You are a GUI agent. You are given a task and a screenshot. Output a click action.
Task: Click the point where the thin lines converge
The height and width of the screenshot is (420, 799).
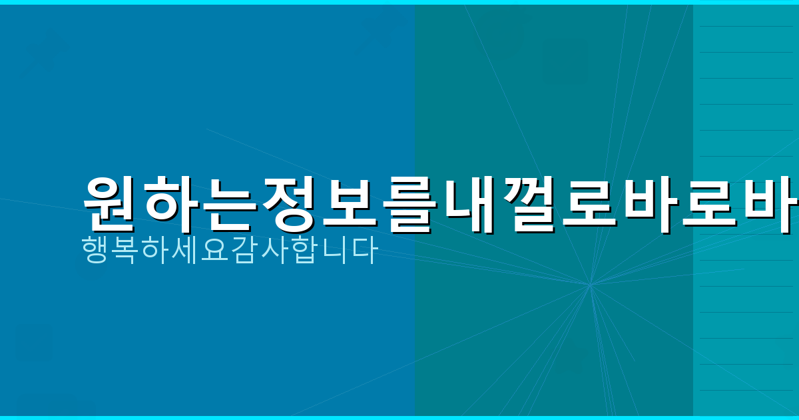pos(590,285)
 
